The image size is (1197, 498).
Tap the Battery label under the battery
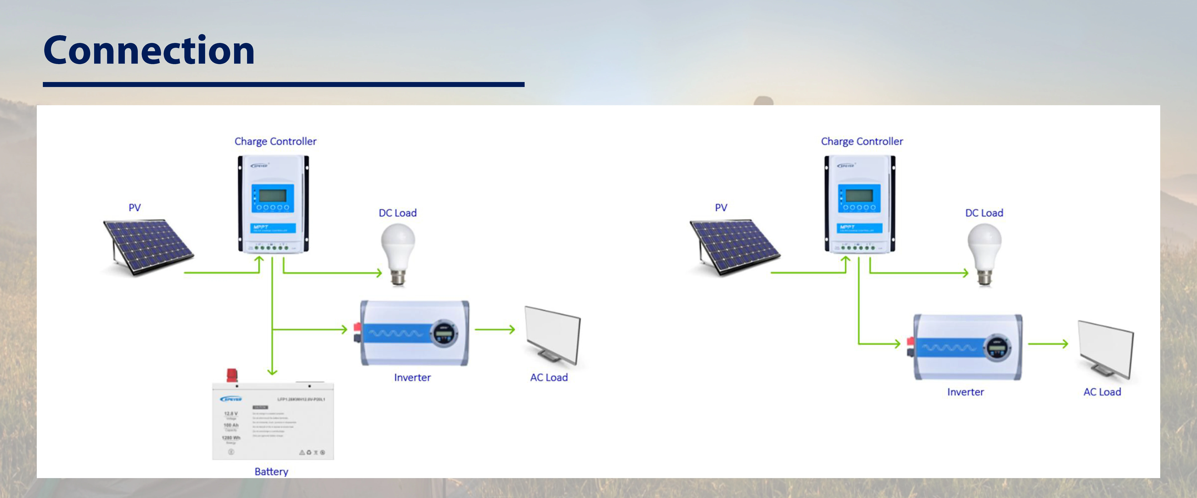click(x=271, y=472)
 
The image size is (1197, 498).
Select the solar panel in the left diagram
click(x=148, y=246)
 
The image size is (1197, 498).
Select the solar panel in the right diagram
click(x=734, y=246)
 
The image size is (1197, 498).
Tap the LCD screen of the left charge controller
click(x=272, y=195)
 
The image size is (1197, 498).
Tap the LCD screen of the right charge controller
click(x=859, y=195)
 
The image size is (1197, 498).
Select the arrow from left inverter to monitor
click(x=495, y=329)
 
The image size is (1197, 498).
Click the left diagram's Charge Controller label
click(x=275, y=141)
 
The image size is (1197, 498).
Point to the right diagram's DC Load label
click(x=984, y=213)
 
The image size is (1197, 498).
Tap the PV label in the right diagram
click(x=721, y=207)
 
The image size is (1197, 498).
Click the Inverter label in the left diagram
click(x=412, y=377)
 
